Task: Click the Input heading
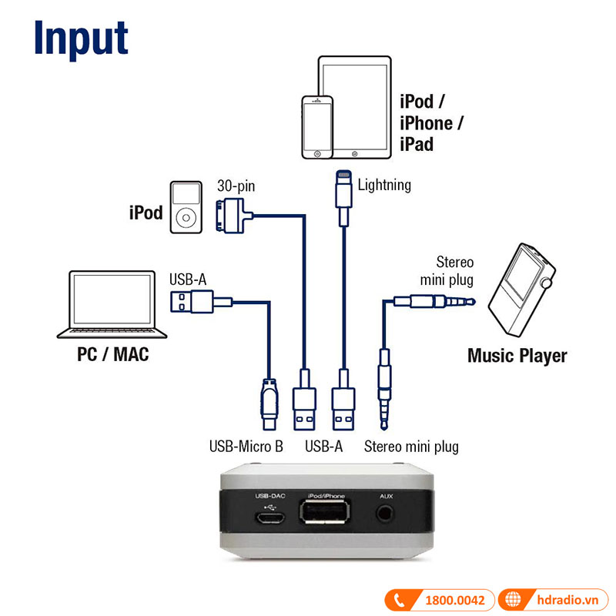click(81, 38)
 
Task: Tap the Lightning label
click(384, 185)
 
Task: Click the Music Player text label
click(517, 356)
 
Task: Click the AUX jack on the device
click(386, 514)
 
